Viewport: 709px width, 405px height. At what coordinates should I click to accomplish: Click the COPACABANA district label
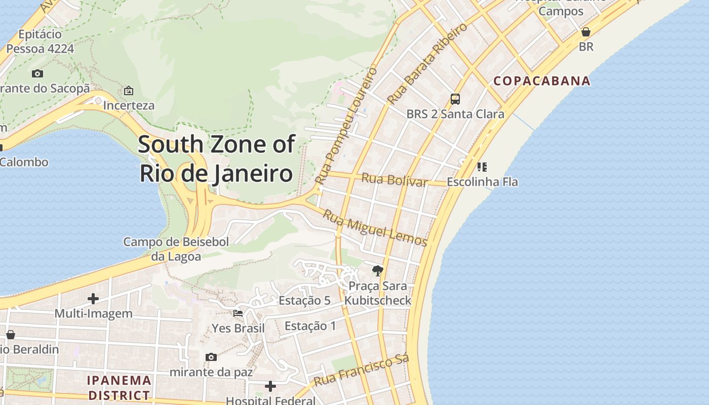click(x=542, y=80)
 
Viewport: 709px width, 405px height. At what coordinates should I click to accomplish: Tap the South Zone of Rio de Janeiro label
click(x=216, y=158)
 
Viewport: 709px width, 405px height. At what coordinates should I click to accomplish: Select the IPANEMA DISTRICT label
click(x=119, y=387)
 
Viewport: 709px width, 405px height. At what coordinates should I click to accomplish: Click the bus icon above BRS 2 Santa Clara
click(x=455, y=99)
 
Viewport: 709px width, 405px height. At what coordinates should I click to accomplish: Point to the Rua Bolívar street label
click(x=395, y=180)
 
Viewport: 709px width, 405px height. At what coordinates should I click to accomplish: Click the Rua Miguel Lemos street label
click(x=375, y=228)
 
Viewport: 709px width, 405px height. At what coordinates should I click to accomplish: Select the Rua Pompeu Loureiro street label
click(x=346, y=125)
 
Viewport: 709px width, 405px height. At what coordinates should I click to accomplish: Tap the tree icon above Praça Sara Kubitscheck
click(x=377, y=271)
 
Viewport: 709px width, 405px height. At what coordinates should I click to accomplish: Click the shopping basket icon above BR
click(x=586, y=32)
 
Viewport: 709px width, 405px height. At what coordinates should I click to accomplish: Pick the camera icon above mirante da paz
click(x=211, y=357)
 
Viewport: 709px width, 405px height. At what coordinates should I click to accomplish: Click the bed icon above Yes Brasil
click(x=238, y=313)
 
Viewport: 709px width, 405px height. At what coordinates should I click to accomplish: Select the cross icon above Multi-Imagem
click(x=93, y=298)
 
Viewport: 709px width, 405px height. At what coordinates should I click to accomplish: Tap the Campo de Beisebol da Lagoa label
click(x=176, y=249)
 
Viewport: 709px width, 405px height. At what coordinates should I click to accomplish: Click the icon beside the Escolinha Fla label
click(x=482, y=167)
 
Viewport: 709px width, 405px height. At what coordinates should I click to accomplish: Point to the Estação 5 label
click(x=304, y=300)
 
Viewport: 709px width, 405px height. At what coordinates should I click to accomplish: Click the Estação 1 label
click(x=310, y=326)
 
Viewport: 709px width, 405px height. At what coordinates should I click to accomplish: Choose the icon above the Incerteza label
click(x=129, y=91)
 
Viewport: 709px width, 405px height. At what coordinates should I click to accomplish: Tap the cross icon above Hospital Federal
click(x=270, y=386)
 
